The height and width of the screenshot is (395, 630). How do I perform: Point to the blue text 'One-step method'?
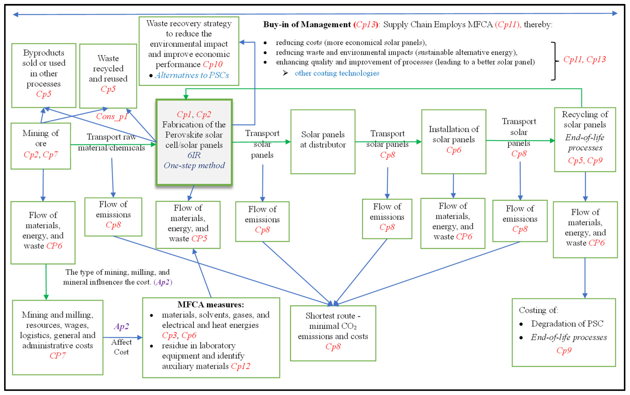pyautogui.click(x=194, y=165)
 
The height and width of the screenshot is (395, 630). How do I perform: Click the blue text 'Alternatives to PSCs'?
pyautogui.click(x=192, y=75)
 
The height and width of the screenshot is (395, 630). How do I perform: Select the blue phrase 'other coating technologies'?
pyautogui.click(x=337, y=73)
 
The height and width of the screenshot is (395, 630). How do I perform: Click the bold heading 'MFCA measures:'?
pyautogui.click(x=211, y=305)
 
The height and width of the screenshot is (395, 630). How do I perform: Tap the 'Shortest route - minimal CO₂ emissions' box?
pyautogui.click(x=333, y=333)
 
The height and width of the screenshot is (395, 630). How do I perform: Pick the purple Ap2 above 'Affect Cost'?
pyautogui.click(x=121, y=326)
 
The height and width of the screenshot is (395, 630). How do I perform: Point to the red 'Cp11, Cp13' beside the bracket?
pyautogui.click(x=584, y=59)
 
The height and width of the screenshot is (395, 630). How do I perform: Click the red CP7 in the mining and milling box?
pyautogui.click(x=57, y=356)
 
